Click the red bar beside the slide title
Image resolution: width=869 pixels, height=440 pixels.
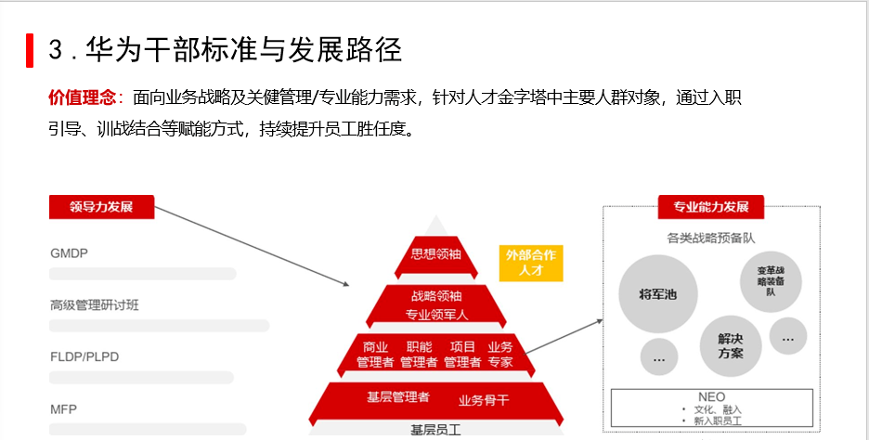30,50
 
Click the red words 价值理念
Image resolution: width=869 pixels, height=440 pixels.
82,97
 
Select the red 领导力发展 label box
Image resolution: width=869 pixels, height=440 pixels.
101,207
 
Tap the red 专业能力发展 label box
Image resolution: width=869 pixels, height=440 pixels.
710,207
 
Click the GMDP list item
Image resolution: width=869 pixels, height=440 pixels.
70,252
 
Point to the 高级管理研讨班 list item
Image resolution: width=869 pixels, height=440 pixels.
95,304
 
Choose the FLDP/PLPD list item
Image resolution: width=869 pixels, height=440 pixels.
84,356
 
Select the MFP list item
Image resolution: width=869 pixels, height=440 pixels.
63,408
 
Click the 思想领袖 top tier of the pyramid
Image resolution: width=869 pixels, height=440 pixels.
436,254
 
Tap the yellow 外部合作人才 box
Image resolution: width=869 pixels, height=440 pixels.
531,263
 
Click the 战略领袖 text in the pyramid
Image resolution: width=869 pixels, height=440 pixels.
436,296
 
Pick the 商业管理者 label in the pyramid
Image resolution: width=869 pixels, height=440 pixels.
375,354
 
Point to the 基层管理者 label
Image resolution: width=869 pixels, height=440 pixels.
398,397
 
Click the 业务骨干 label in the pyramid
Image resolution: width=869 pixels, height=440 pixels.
484,400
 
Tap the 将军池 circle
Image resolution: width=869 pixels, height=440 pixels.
658,294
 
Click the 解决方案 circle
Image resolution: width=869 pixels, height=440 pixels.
730,345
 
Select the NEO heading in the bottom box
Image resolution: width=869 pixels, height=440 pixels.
711,396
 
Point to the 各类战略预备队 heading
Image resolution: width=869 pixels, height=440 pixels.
711,238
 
